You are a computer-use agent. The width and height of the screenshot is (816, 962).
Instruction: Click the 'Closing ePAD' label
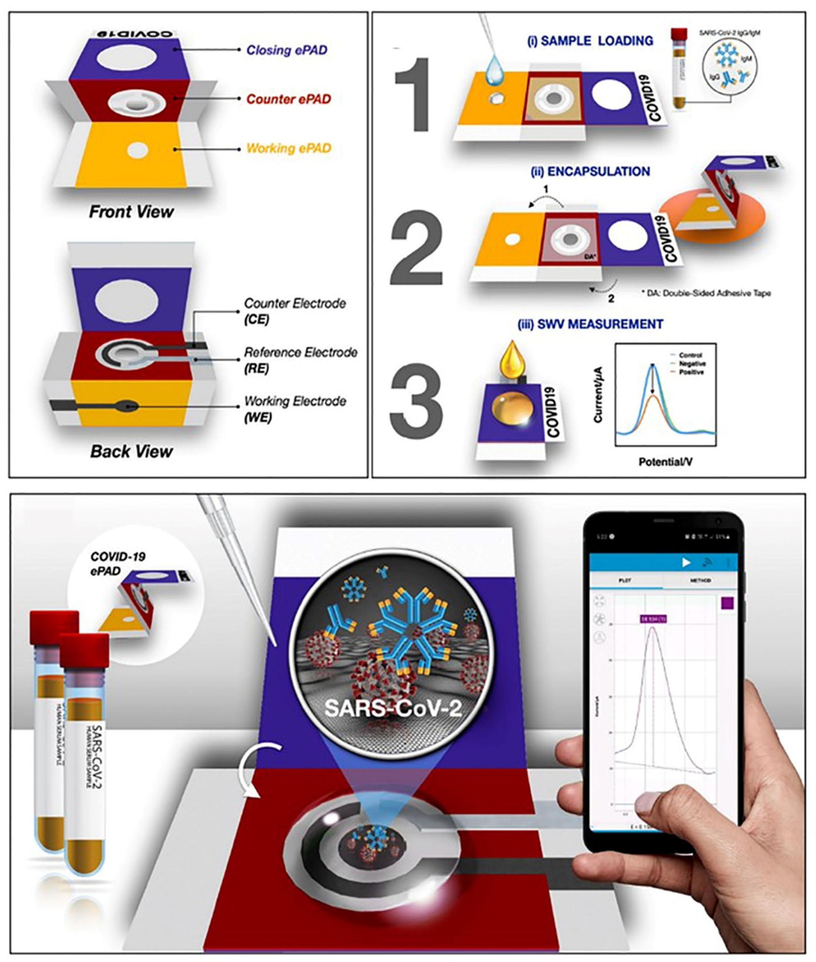pyautogui.click(x=286, y=50)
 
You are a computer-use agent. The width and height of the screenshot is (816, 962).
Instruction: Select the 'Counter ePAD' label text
pyautogui.click(x=288, y=99)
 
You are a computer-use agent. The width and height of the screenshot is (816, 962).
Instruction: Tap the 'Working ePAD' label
pyautogui.click(x=289, y=149)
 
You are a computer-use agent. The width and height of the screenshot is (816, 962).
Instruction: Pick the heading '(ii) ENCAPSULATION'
pyautogui.click(x=590, y=172)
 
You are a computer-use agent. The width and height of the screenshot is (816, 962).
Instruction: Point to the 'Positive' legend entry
pyautogui.click(x=691, y=372)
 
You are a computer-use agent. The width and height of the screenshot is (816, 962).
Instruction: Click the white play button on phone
pyautogui.click(x=686, y=562)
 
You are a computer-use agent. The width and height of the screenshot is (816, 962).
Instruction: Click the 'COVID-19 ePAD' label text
pyautogui.click(x=111, y=563)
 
